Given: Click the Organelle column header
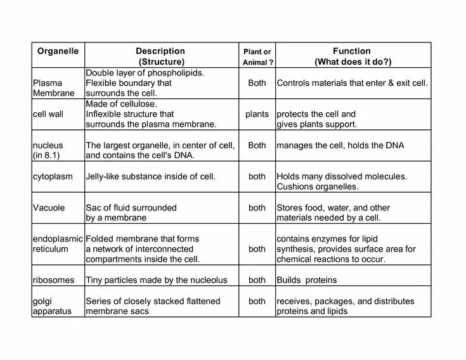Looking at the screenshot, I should point(57,51).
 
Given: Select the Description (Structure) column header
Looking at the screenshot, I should point(160,56).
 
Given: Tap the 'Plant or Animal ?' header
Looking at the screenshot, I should point(257,56).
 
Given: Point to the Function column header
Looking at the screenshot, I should point(352,56).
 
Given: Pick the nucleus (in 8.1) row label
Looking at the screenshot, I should point(48,150).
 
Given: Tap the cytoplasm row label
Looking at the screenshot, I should point(53,177).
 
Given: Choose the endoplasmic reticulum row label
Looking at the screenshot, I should point(58,244).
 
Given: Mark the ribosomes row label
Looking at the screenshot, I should point(53,280).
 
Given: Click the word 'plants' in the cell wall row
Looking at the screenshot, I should point(257,114).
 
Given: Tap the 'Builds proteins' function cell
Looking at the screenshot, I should point(307,280).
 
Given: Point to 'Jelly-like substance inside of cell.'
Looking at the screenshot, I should point(150,177).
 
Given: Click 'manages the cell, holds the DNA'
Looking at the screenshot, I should point(340,146).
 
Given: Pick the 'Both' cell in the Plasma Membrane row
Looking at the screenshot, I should point(257,83).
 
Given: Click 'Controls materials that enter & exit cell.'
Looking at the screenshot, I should point(352,83).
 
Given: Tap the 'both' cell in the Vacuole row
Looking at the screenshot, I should point(257,208).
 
